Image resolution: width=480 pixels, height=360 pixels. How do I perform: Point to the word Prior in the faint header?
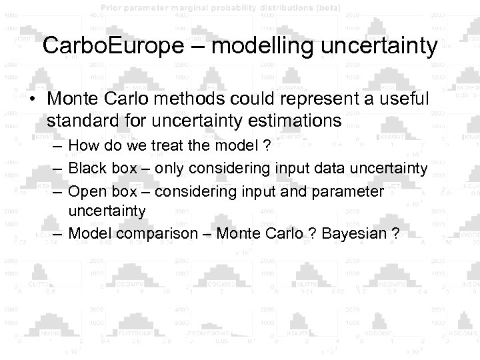pyautogui.click(x=113, y=7)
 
